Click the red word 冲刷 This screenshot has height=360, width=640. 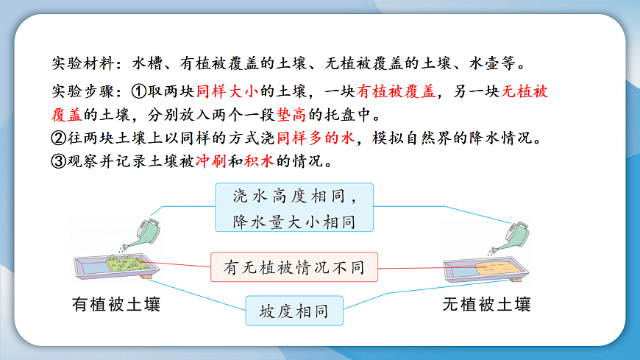click(209, 161)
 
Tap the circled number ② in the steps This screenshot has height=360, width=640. click(60, 138)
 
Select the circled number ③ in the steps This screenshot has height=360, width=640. click(60, 161)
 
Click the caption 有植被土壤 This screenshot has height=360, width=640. click(116, 303)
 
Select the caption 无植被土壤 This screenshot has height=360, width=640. click(487, 303)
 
